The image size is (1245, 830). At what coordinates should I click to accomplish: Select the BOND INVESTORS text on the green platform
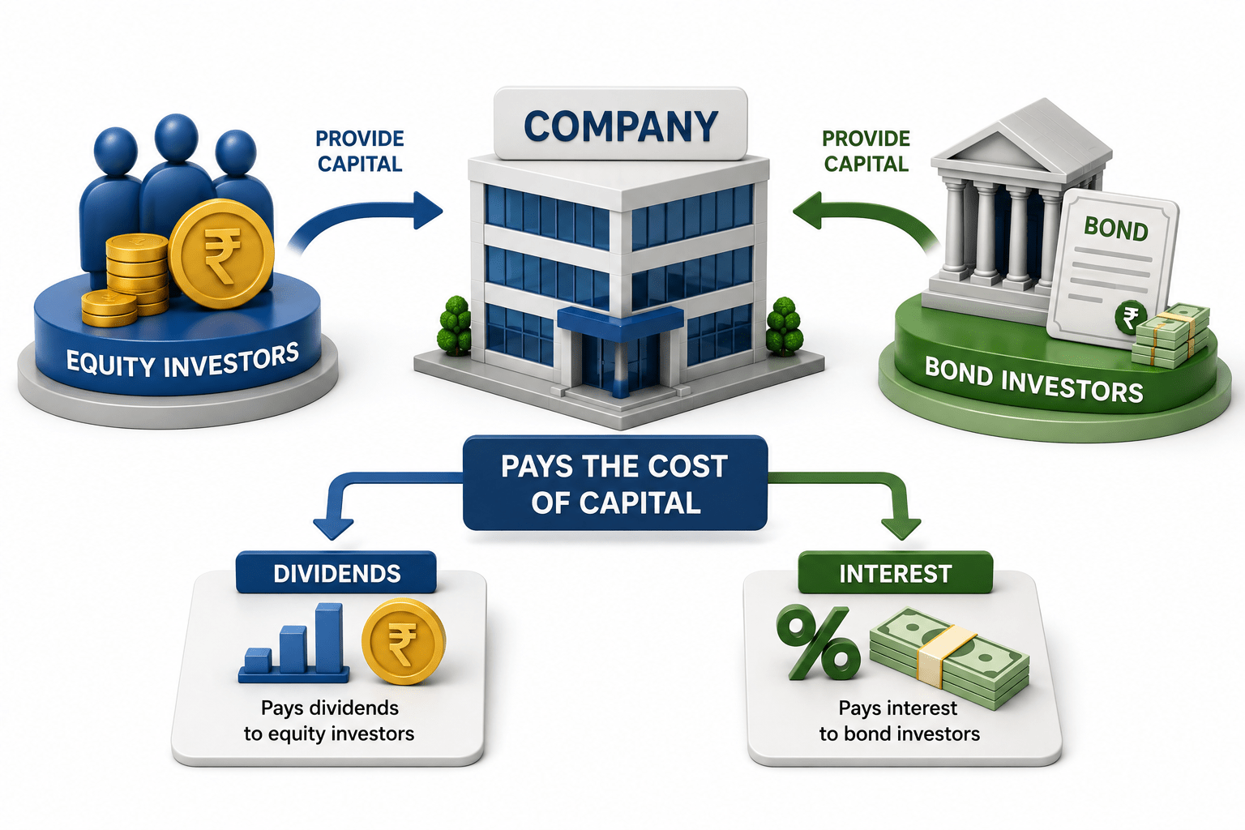[x=1033, y=379]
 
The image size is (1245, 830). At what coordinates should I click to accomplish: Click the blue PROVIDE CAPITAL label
[x=360, y=152]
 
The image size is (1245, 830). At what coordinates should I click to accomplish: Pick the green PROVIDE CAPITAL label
[x=866, y=152]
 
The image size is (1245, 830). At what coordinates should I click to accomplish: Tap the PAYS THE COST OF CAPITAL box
[x=615, y=483]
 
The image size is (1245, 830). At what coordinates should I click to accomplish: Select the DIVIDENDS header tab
[x=336, y=572]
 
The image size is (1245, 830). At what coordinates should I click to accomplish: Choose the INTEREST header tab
[x=896, y=572]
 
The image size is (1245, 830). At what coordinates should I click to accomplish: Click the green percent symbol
[x=818, y=643]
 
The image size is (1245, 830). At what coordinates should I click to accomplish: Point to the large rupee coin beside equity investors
[x=221, y=254]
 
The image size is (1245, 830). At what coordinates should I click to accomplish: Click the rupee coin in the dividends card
[x=403, y=641]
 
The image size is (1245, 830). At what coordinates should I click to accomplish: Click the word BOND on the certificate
[x=1115, y=229]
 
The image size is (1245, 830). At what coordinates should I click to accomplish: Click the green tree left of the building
[x=454, y=326]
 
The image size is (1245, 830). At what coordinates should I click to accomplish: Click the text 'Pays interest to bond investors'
[x=899, y=721]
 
